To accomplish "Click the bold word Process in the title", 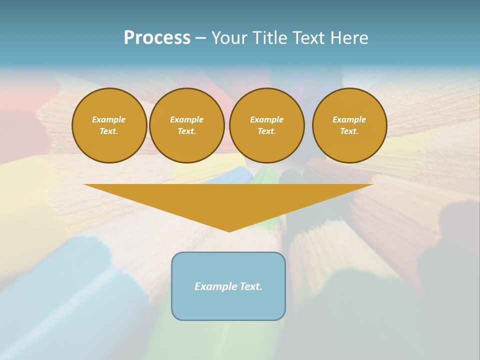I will pos(157,38).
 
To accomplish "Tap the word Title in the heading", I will pos(269,38).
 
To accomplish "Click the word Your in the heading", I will pos(229,38).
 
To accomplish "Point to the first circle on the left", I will pos(109,125).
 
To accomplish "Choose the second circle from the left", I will pos(187,125).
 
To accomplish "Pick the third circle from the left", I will pos(266,125).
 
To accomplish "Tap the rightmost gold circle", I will pos(349,125).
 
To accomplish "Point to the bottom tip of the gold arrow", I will pos(229,231).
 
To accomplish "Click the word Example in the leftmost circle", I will pos(109,119).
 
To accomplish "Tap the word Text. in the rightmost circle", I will pos(349,131).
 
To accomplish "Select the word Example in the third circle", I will pos(266,119).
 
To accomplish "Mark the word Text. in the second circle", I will pos(187,131).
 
